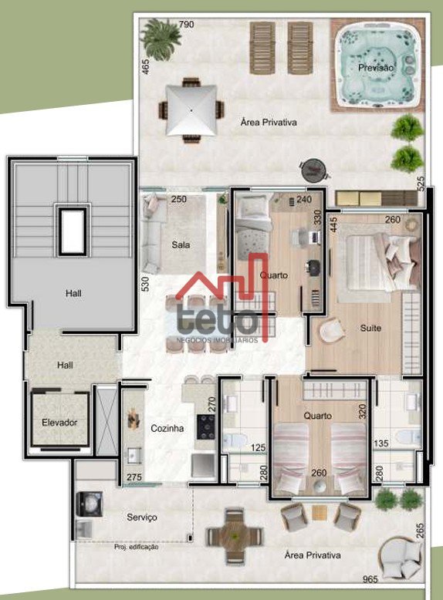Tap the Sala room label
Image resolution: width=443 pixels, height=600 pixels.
[181, 244]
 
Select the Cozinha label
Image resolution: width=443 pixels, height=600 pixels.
[167, 428]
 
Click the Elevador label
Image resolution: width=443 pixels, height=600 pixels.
[59, 423]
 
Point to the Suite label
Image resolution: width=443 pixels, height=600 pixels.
[370, 328]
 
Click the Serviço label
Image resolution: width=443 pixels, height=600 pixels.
[142, 517]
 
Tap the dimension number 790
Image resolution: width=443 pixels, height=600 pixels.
[187, 25]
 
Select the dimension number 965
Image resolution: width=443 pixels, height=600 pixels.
[370, 578]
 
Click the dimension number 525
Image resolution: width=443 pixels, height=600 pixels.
[421, 184]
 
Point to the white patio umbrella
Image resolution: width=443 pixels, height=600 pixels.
[191, 110]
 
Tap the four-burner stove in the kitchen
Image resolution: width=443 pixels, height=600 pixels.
[206, 426]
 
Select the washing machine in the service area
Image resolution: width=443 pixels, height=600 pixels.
[90, 504]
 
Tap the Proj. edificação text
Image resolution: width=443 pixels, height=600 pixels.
[137, 547]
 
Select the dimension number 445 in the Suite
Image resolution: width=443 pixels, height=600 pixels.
[333, 225]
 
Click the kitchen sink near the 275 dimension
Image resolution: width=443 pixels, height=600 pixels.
[134, 455]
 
